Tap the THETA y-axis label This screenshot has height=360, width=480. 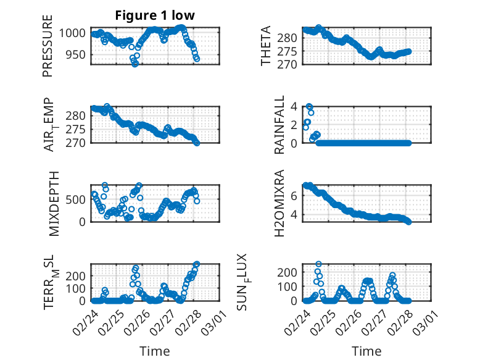266,46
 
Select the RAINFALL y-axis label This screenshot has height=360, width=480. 279,124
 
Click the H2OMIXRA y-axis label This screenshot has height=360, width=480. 279,203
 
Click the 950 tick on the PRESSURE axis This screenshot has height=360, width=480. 78,55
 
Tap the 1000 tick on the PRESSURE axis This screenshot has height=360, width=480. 75,33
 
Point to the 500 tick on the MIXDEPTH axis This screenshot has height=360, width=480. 78,199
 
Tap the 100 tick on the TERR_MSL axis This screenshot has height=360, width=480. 78,288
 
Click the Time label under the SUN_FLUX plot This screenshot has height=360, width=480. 366,351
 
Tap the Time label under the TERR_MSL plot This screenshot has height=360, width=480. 155,351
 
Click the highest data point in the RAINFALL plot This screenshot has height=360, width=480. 310,106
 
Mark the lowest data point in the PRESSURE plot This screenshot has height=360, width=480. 135,64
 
